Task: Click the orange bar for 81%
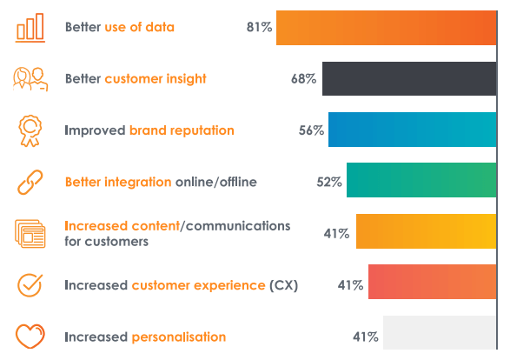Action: pyautogui.click(x=387, y=27)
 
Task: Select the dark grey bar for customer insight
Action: pyautogui.click(x=409, y=78)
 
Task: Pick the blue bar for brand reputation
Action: pyautogui.click(x=413, y=130)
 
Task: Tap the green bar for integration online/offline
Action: pyautogui.click(x=421, y=181)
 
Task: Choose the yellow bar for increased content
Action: pyautogui.click(x=427, y=232)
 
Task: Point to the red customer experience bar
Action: pyautogui.click(x=433, y=283)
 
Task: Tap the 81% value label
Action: pyautogui.click(x=259, y=28)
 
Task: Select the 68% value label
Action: pyautogui.click(x=303, y=79)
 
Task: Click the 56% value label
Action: pyautogui.click(x=311, y=130)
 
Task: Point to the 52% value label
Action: pyautogui.click(x=328, y=182)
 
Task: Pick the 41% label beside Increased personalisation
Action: pyautogui.click(x=365, y=337)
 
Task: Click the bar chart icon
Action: pyautogui.click(x=30, y=28)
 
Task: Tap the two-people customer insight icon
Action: pyautogui.click(x=30, y=78)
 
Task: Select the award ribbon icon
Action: pyautogui.click(x=30, y=130)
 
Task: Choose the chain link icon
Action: pyautogui.click(x=30, y=183)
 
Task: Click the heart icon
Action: pyautogui.click(x=30, y=337)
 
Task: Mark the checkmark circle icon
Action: pyautogui.click(x=30, y=285)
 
